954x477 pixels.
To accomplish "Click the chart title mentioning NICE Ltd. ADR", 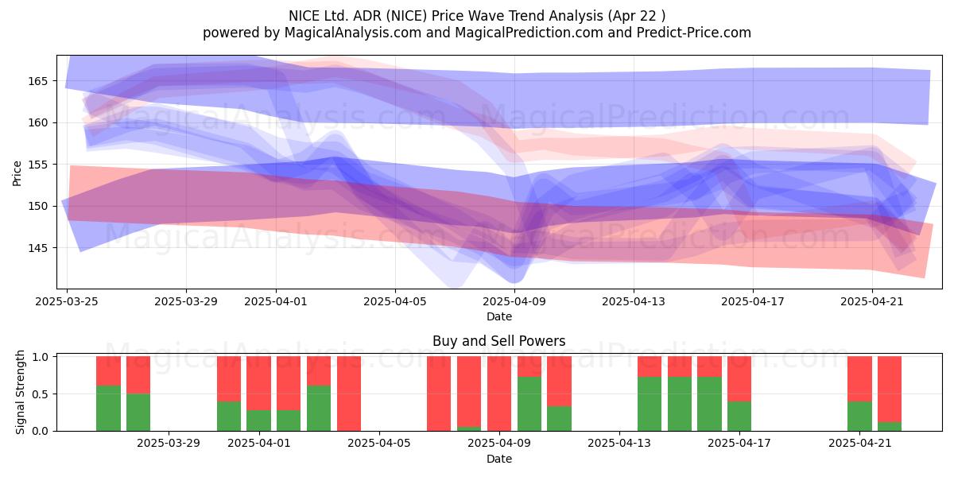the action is click(x=476, y=16).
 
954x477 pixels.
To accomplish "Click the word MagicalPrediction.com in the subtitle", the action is click(x=529, y=33).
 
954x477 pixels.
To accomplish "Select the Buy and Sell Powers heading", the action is click(x=498, y=341).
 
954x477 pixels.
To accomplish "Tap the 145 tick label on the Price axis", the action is click(x=38, y=248).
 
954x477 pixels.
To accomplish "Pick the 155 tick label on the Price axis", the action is click(x=38, y=165).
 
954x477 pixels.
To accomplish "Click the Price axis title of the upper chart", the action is click(x=17, y=173).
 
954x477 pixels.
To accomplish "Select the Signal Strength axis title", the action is click(x=20, y=392).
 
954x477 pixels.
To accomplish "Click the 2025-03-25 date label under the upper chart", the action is click(x=67, y=301).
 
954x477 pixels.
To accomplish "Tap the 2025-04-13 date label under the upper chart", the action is click(x=634, y=301).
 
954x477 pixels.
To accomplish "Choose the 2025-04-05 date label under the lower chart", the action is click(x=379, y=443).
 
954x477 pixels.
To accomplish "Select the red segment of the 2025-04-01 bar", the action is click(x=258, y=383).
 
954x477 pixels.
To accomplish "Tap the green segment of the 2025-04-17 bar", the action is click(x=739, y=416).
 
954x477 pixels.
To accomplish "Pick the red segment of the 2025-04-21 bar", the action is click(x=859, y=378).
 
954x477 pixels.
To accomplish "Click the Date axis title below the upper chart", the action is click(x=499, y=316).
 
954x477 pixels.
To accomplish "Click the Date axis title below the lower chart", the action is click(x=499, y=459).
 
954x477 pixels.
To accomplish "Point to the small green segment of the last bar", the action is click(x=890, y=426).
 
